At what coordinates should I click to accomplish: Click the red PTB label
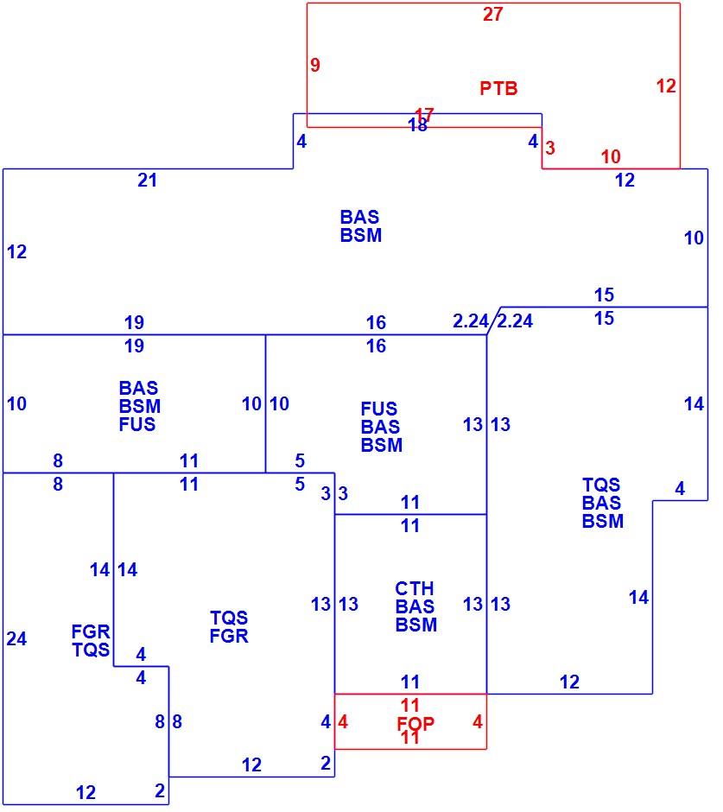[498, 88]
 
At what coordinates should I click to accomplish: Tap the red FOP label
[415, 723]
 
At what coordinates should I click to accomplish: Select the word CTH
[415, 588]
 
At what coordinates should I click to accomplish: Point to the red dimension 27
[492, 14]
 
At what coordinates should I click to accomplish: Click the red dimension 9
[315, 65]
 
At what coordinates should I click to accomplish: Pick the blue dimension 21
[147, 181]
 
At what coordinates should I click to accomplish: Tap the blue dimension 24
[16, 638]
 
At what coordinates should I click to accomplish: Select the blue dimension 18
[417, 125]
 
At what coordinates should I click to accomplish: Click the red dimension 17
[424, 114]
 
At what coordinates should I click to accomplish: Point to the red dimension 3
[550, 148]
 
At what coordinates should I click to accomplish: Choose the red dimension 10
[611, 156]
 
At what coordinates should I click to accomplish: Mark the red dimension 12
[666, 86]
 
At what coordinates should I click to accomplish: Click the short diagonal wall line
[493, 320]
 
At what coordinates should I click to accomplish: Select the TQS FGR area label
[229, 626]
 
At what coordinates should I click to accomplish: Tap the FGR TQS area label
[91, 641]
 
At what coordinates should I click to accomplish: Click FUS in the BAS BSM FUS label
[137, 425]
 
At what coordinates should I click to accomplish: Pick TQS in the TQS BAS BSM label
[601, 485]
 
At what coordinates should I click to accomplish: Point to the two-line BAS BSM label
[361, 225]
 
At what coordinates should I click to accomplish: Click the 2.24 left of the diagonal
[470, 321]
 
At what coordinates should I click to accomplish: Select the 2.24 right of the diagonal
[515, 321]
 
